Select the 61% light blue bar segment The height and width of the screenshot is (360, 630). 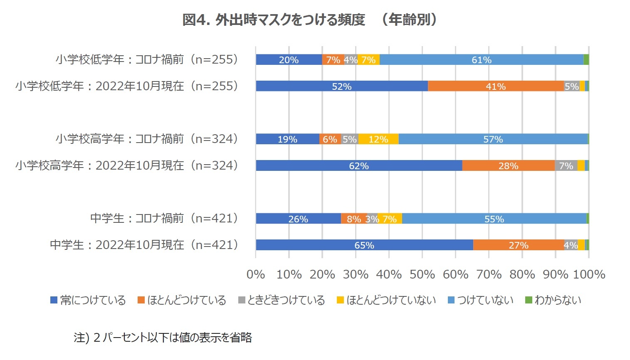(x=481, y=60)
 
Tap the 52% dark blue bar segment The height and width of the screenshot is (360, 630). (x=341, y=86)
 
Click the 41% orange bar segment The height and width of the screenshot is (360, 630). (x=496, y=86)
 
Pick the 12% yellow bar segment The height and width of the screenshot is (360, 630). (x=378, y=139)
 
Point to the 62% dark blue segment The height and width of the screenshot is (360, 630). (x=358, y=166)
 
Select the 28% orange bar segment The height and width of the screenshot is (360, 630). (x=508, y=166)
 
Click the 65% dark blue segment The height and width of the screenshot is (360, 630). (x=364, y=245)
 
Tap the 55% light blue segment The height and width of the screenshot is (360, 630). (x=494, y=219)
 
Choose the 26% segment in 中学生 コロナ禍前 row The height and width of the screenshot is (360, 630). (x=298, y=219)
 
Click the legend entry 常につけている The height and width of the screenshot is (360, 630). (x=88, y=300)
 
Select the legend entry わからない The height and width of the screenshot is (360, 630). (x=553, y=300)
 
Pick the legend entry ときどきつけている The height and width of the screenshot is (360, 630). (x=282, y=300)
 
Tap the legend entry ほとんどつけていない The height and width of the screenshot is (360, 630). (x=386, y=300)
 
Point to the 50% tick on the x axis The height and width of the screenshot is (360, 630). (x=422, y=274)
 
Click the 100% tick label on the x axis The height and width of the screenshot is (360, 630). (x=589, y=274)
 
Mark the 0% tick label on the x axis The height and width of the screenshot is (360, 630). (x=256, y=274)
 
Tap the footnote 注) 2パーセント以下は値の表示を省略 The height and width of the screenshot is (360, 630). (x=163, y=337)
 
